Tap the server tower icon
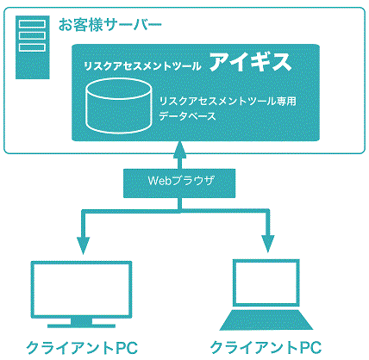click(x=28, y=38)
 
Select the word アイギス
click(x=250, y=64)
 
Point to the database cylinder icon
click(x=118, y=105)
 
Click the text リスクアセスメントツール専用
click(x=228, y=102)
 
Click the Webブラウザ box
click(x=179, y=181)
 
